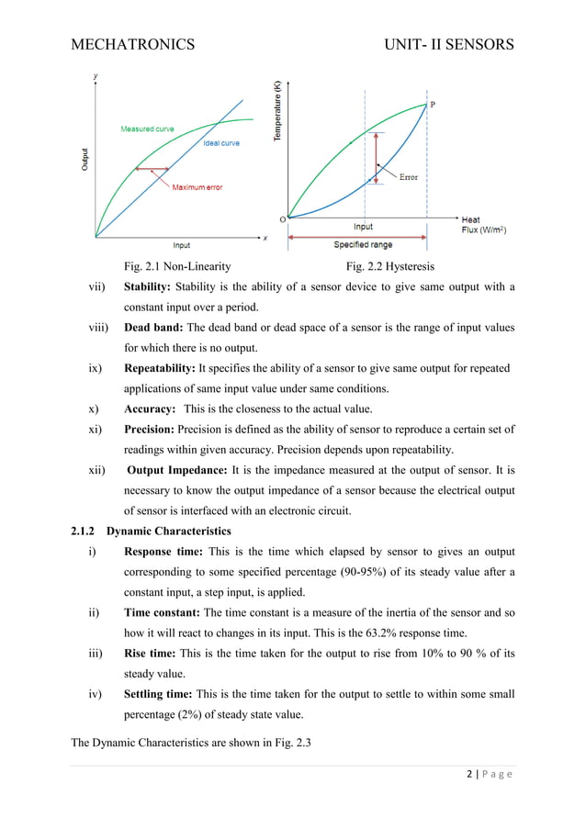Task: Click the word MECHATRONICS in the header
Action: (133, 44)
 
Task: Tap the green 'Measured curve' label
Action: (147, 129)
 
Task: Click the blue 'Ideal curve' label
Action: (221, 144)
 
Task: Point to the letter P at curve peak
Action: (434, 104)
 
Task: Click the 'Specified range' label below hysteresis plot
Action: (364, 245)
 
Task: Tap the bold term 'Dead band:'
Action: (154, 328)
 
